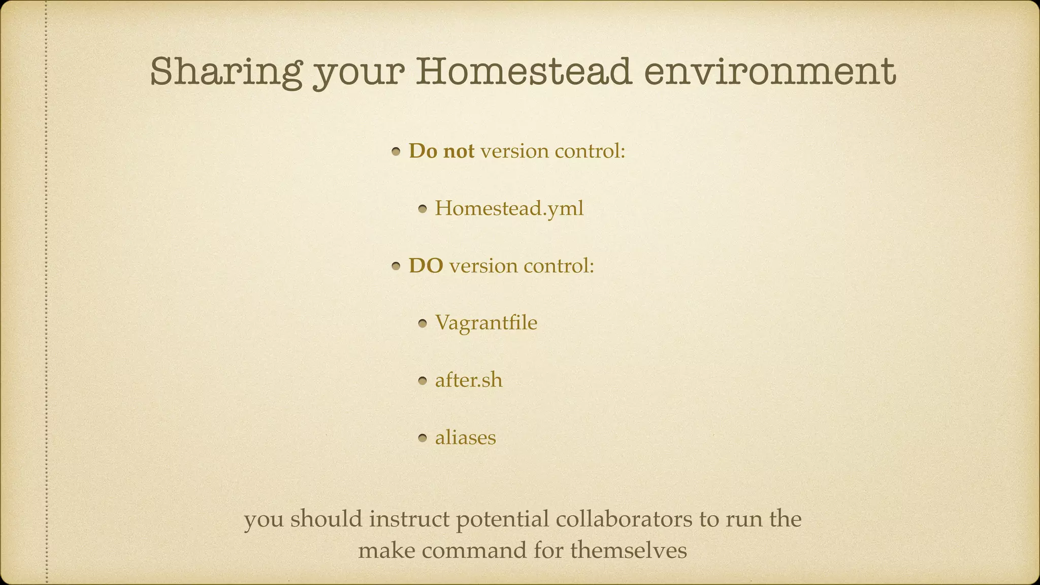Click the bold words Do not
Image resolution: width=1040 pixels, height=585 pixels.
click(441, 151)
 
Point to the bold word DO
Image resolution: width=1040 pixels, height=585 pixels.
click(426, 266)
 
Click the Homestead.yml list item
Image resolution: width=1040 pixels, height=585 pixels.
click(509, 208)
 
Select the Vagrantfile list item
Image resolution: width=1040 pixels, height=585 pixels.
click(485, 322)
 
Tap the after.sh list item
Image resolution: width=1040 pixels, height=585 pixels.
click(468, 380)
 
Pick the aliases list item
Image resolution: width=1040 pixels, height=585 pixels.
click(465, 437)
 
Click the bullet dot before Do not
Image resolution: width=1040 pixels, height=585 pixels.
click(397, 152)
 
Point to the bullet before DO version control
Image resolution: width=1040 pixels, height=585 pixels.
click(397, 267)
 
